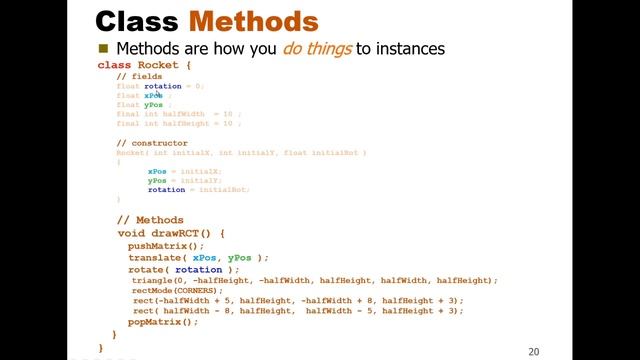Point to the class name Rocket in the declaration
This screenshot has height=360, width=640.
click(x=158, y=65)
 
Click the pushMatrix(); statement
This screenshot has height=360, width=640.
click(x=165, y=245)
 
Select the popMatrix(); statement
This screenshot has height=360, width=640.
click(x=163, y=322)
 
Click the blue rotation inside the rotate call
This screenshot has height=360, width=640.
click(x=199, y=269)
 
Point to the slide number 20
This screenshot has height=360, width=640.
click(x=533, y=351)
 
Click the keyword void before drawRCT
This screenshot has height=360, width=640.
click(x=131, y=233)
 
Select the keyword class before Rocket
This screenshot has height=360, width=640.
click(x=114, y=65)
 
